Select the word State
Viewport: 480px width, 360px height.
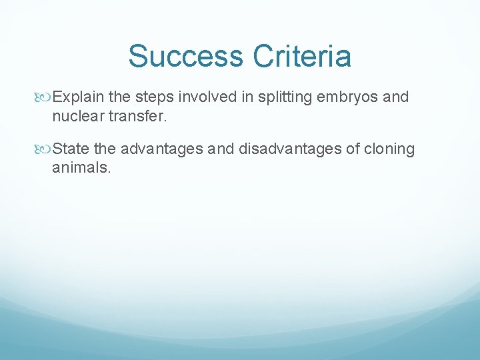(70, 149)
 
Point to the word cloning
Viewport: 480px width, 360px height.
(390, 149)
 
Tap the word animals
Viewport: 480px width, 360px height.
(81, 167)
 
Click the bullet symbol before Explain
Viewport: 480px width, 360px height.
(45, 98)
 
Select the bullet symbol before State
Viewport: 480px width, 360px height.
(45, 149)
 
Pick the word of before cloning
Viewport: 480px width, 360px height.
(353, 149)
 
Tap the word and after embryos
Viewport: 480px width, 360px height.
(396, 97)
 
